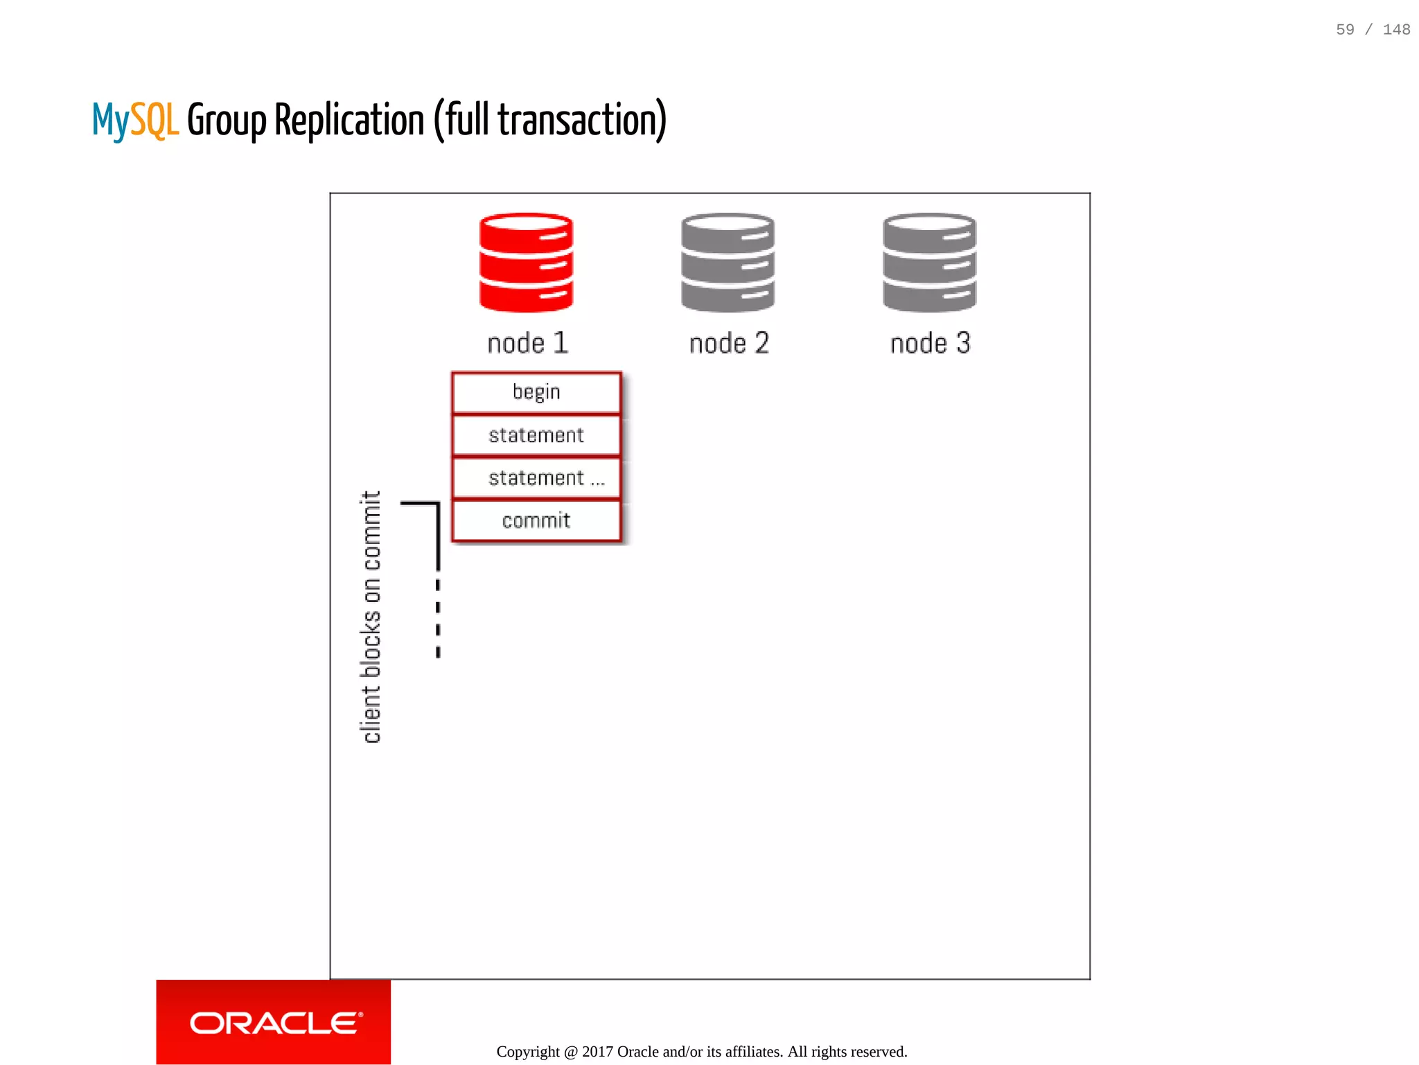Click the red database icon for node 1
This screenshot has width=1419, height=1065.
point(526,263)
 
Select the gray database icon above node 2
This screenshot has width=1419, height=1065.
point(728,263)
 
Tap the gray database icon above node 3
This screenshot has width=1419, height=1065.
point(929,263)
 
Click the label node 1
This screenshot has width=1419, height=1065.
point(528,344)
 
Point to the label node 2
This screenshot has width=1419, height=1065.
point(729,344)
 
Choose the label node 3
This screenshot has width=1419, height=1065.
point(931,344)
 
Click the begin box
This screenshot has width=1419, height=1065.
point(536,393)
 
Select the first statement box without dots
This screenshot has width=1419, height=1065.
point(536,436)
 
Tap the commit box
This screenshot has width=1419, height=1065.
point(536,521)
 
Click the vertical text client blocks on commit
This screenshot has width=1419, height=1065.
point(371,617)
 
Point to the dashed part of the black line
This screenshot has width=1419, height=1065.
point(438,617)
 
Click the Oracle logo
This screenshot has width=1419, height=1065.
point(274,1023)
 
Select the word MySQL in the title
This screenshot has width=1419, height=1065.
point(136,121)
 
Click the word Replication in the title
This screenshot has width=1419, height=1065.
point(349,121)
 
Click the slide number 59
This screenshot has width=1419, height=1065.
point(1345,30)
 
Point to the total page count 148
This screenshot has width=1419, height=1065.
point(1396,30)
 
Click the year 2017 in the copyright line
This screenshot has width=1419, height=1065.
point(597,1052)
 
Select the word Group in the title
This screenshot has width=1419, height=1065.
point(227,121)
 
